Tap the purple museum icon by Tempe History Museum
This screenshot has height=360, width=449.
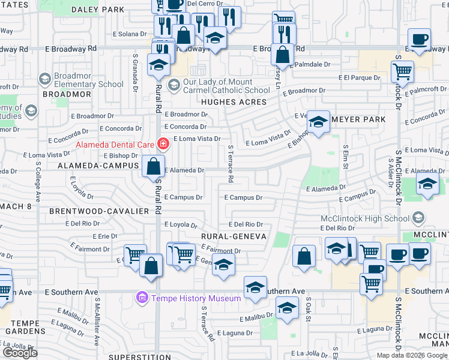pyautogui.click(x=142, y=298)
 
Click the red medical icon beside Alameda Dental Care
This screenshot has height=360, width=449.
pyautogui.click(x=162, y=143)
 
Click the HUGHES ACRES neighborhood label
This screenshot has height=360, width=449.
pyautogui.click(x=234, y=102)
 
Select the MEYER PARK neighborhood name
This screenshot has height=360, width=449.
pyautogui.click(x=358, y=119)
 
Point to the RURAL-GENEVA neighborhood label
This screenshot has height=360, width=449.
pyautogui.click(x=234, y=236)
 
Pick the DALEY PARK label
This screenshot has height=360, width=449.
pyautogui.click(x=98, y=10)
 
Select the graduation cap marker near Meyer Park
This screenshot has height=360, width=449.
pyautogui.click(x=318, y=122)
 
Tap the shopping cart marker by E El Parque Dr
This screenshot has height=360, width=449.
pyautogui.click(x=402, y=71)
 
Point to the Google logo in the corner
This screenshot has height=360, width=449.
pyautogui.click(x=20, y=353)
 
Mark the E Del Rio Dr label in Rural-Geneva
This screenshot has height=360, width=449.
pyautogui.click(x=244, y=223)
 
